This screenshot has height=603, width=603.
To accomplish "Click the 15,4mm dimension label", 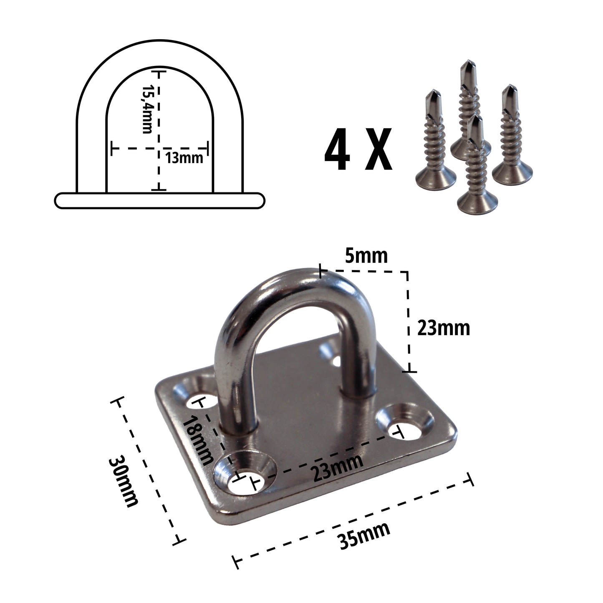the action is point(147,109).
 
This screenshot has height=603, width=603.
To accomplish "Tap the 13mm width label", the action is point(184,158).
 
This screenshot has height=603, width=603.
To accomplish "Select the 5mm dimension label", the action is point(366,256).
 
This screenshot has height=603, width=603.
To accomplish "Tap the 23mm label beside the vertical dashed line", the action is point(444,328).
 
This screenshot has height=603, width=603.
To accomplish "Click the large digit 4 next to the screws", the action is point(337,149).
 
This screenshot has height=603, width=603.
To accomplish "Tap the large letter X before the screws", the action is point(378,149).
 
